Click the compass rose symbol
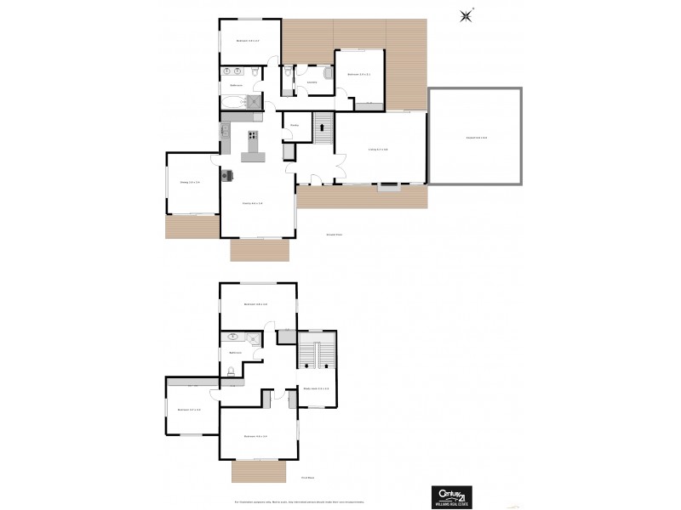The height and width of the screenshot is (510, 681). pos(466,14)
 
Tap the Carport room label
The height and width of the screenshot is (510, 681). pos(476,138)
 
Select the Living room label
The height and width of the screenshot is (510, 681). pos(378,150)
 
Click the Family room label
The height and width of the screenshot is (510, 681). pos(253,203)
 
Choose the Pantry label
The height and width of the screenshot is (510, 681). pos(294,125)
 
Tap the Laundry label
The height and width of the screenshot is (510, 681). pos(312,82)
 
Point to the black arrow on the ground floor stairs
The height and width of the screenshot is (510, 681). pos(323,127)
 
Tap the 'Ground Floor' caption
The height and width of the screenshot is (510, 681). pos(333,235)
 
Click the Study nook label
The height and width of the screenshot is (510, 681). pos(316,389)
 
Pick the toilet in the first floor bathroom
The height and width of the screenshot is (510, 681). pos(232,371)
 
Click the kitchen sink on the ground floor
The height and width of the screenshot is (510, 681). pos(225,131)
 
